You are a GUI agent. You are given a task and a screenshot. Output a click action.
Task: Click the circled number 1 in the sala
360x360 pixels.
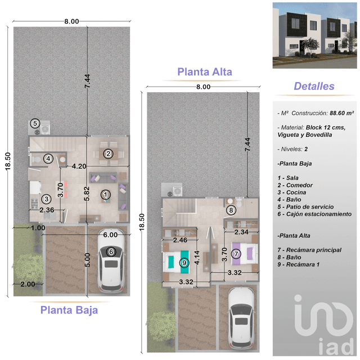coord(105,195)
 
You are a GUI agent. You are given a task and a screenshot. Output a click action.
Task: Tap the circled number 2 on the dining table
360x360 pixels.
coord(107,153)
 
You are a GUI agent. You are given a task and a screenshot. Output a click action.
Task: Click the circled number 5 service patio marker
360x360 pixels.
coord(35,123)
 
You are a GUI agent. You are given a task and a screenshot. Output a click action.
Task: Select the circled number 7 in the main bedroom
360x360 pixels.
coord(236,254)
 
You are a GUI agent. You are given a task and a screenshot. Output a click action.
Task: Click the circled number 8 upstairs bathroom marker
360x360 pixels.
coord(230,210)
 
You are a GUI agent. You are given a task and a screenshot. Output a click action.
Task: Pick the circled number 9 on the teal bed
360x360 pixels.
coord(183,262)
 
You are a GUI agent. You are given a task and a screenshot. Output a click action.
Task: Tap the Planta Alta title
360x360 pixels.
coord(205,71)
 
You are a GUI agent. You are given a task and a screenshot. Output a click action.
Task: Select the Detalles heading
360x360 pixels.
coord(314,86)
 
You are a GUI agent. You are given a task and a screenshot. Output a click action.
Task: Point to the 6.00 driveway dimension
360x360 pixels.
coord(110,235)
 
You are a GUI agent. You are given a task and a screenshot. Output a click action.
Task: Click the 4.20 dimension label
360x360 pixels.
coord(79,166)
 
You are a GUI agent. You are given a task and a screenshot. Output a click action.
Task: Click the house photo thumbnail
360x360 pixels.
coord(314,35)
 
